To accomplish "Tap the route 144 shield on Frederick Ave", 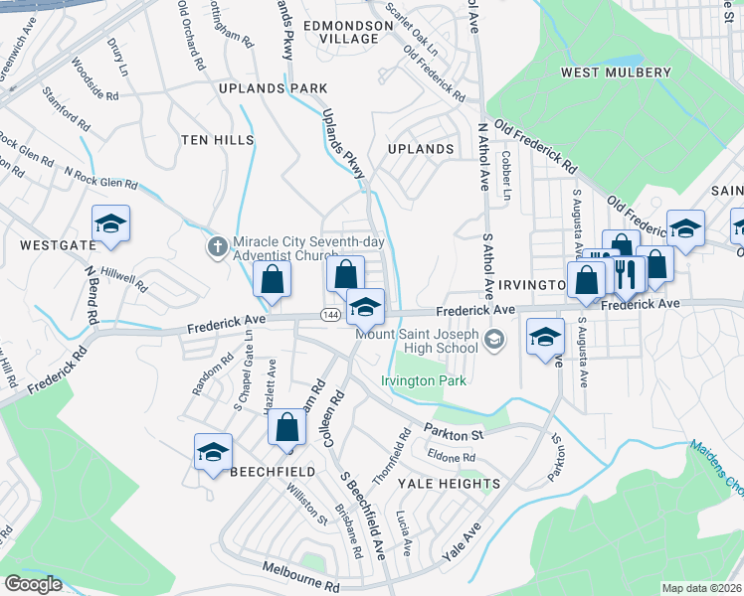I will pyautogui.click(x=328, y=314).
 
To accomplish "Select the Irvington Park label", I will pyautogui.click(x=424, y=379).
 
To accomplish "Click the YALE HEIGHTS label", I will pyautogui.click(x=446, y=483).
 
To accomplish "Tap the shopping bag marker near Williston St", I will pyautogui.click(x=286, y=429).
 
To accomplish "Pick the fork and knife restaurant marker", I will pyautogui.click(x=626, y=273).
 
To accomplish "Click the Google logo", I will pyautogui.click(x=33, y=584).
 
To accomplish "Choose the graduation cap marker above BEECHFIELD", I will pyautogui.click(x=213, y=452).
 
